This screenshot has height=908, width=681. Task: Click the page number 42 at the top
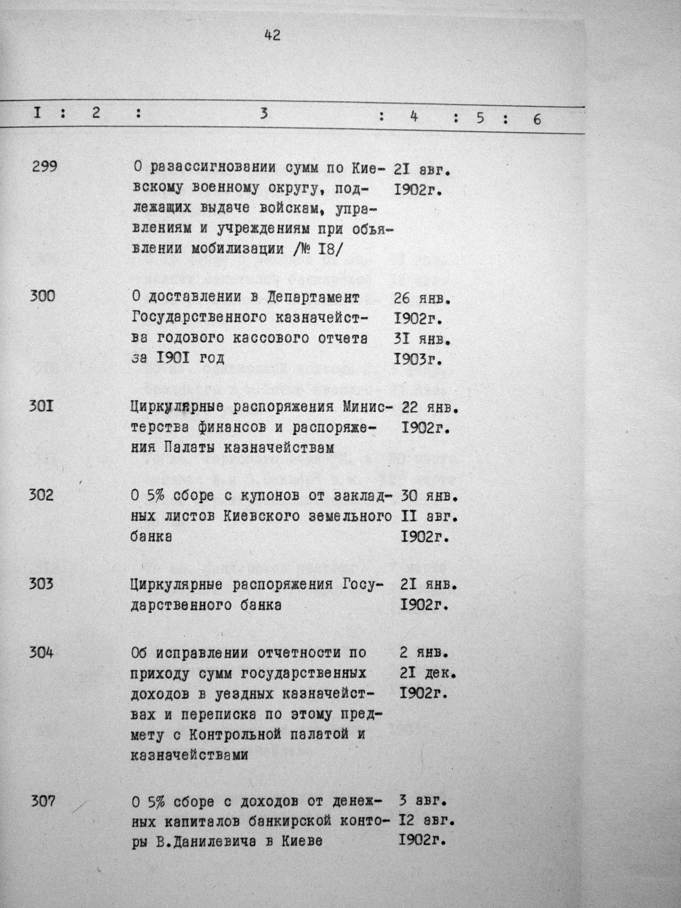point(272,36)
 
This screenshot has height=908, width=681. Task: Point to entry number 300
point(42,296)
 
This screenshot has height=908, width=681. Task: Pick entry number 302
point(41,495)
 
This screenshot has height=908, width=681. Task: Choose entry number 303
point(41,584)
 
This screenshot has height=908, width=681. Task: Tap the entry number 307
point(43,801)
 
